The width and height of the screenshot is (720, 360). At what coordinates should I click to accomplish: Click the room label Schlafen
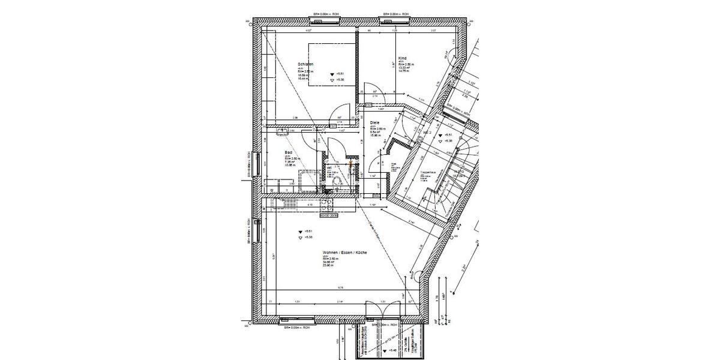(x=305, y=64)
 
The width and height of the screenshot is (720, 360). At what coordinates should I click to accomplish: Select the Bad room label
(x=288, y=152)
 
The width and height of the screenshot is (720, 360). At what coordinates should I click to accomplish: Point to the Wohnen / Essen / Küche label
(x=344, y=253)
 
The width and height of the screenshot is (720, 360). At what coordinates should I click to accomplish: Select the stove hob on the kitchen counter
(x=286, y=204)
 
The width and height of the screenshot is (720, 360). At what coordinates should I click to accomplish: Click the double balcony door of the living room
(x=383, y=312)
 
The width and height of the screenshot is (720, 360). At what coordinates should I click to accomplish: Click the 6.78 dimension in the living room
(x=340, y=287)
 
